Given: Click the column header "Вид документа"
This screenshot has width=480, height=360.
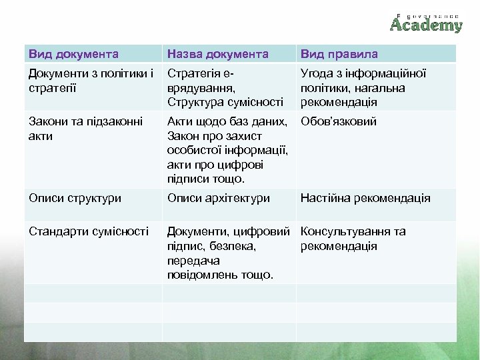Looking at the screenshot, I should pos(74,54).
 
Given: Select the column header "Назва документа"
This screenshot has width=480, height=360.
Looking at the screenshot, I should pos(218,54).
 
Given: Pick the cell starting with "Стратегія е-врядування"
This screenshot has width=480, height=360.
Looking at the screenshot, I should pos(225,88).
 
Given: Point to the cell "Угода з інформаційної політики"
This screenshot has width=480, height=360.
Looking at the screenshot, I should pos(363,88).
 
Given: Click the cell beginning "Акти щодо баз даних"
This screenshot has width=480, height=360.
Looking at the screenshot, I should pos(227,150).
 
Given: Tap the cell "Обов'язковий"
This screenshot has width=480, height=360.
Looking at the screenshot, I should pos(339,122).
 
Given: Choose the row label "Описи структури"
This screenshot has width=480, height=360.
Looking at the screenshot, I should pos(75,198).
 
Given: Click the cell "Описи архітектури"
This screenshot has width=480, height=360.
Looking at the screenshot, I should pos(219,198).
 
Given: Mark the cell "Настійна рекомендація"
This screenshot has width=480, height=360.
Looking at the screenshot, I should pos(365,198).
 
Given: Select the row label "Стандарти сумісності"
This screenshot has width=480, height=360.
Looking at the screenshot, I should pos(88,231).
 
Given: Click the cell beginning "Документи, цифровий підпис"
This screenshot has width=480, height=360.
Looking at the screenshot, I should pos(227,253).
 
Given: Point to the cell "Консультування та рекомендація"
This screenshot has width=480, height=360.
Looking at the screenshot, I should pos(353,239).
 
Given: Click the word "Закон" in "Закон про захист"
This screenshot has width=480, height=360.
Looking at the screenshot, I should pos(183,136).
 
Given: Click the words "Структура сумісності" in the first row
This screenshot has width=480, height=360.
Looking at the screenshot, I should pos(225,103).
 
